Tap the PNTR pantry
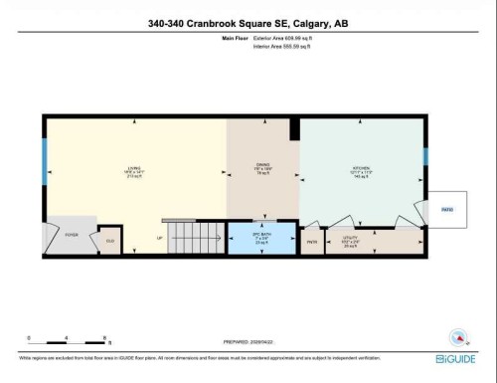point(310,242)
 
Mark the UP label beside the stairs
point(160,239)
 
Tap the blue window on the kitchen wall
point(425,156)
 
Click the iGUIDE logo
point(455,357)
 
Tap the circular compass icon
point(459,336)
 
